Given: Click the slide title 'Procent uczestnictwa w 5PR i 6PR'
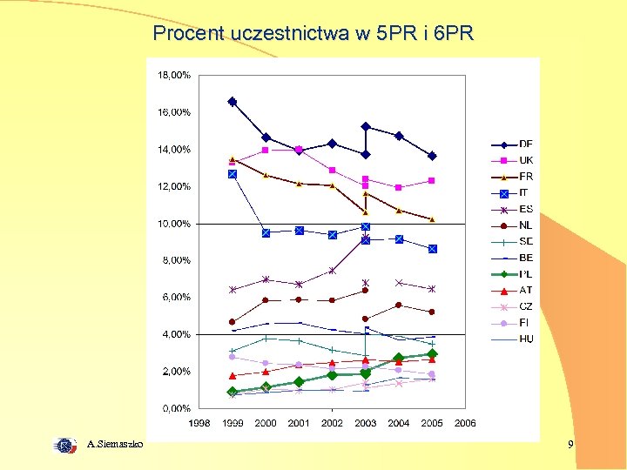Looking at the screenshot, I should [x=313, y=34].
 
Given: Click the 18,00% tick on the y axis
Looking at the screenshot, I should [x=174, y=76].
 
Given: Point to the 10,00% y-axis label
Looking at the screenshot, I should [x=174, y=224].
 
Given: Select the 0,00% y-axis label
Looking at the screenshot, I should [x=176, y=408].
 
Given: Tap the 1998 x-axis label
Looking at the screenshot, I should [x=199, y=423].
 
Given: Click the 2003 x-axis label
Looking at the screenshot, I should [x=365, y=423].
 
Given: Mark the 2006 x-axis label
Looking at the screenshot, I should [x=465, y=423].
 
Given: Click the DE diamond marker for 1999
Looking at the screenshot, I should [x=233, y=102].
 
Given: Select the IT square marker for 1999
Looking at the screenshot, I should [x=233, y=174].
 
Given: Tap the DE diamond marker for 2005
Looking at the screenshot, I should [x=432, y=156].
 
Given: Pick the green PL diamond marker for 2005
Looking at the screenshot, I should [x=432, y=354].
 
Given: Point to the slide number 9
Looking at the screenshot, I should [x=570, y=445].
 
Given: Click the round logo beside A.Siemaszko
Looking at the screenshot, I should [x=65, y=446].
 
